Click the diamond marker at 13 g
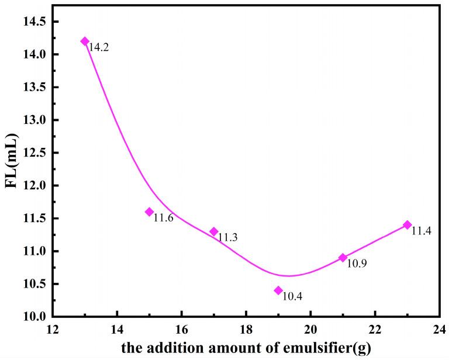coord(85,41)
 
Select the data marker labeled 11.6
coord(149,212)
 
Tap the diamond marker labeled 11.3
coord(214,231)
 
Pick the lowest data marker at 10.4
coord(278,290)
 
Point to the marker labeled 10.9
coord(343,257)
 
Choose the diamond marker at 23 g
coord(407,224)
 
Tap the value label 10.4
coord(292,297)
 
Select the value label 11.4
coord(421,231)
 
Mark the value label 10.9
coord(357,264)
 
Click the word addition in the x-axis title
coord(167,349)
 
